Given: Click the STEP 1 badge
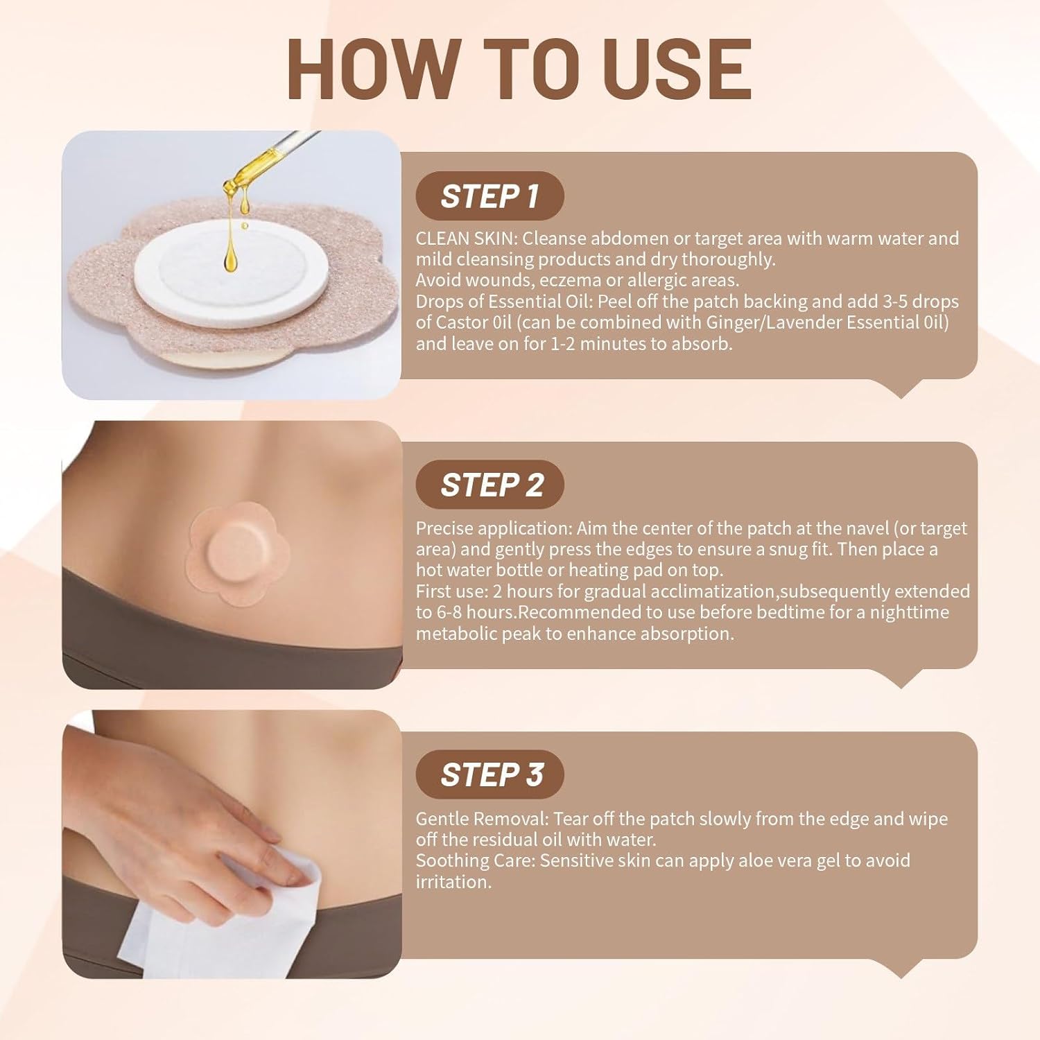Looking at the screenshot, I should tap(489, 196).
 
